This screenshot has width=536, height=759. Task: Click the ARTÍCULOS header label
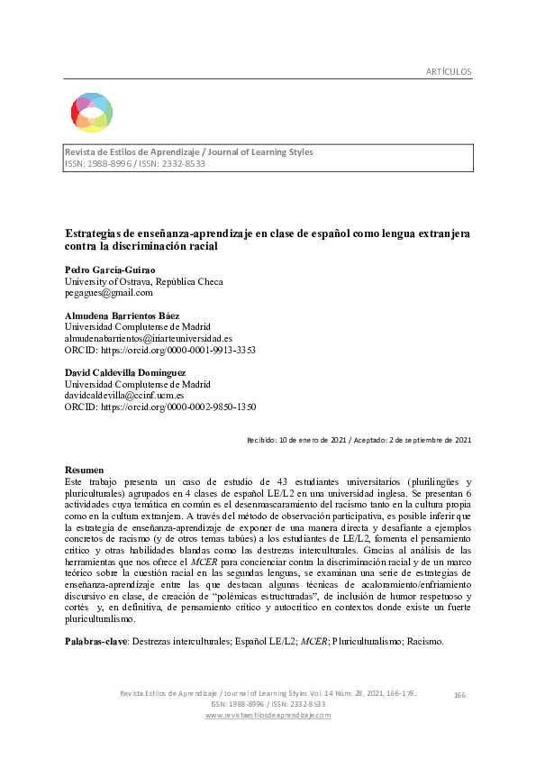447,71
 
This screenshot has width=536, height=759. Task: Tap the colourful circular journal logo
92,112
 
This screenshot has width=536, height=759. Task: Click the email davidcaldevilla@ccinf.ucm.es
124,395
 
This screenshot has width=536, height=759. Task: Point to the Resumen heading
87,471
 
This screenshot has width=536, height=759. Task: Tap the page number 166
460,694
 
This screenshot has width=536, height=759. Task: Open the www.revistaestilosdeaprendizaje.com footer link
268,715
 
